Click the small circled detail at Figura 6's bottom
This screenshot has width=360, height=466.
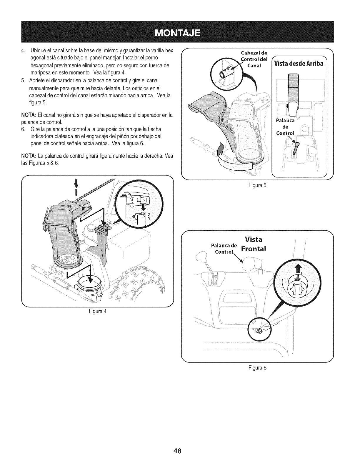pyautogui.click(x=259, y=330)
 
